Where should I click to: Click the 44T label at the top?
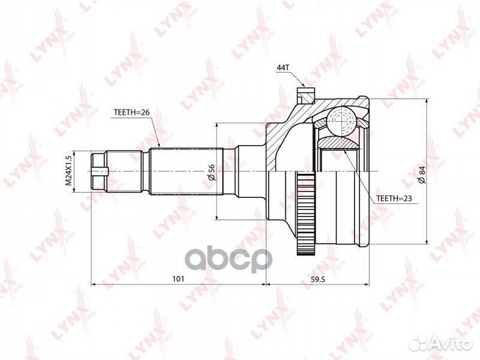point(283,68)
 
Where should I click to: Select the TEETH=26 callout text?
point(131,112)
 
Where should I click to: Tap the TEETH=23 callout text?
point(394,198)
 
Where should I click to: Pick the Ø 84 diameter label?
point(421,172)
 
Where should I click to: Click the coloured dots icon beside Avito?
point(419,343)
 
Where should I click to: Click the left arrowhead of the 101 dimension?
point(94,284)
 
